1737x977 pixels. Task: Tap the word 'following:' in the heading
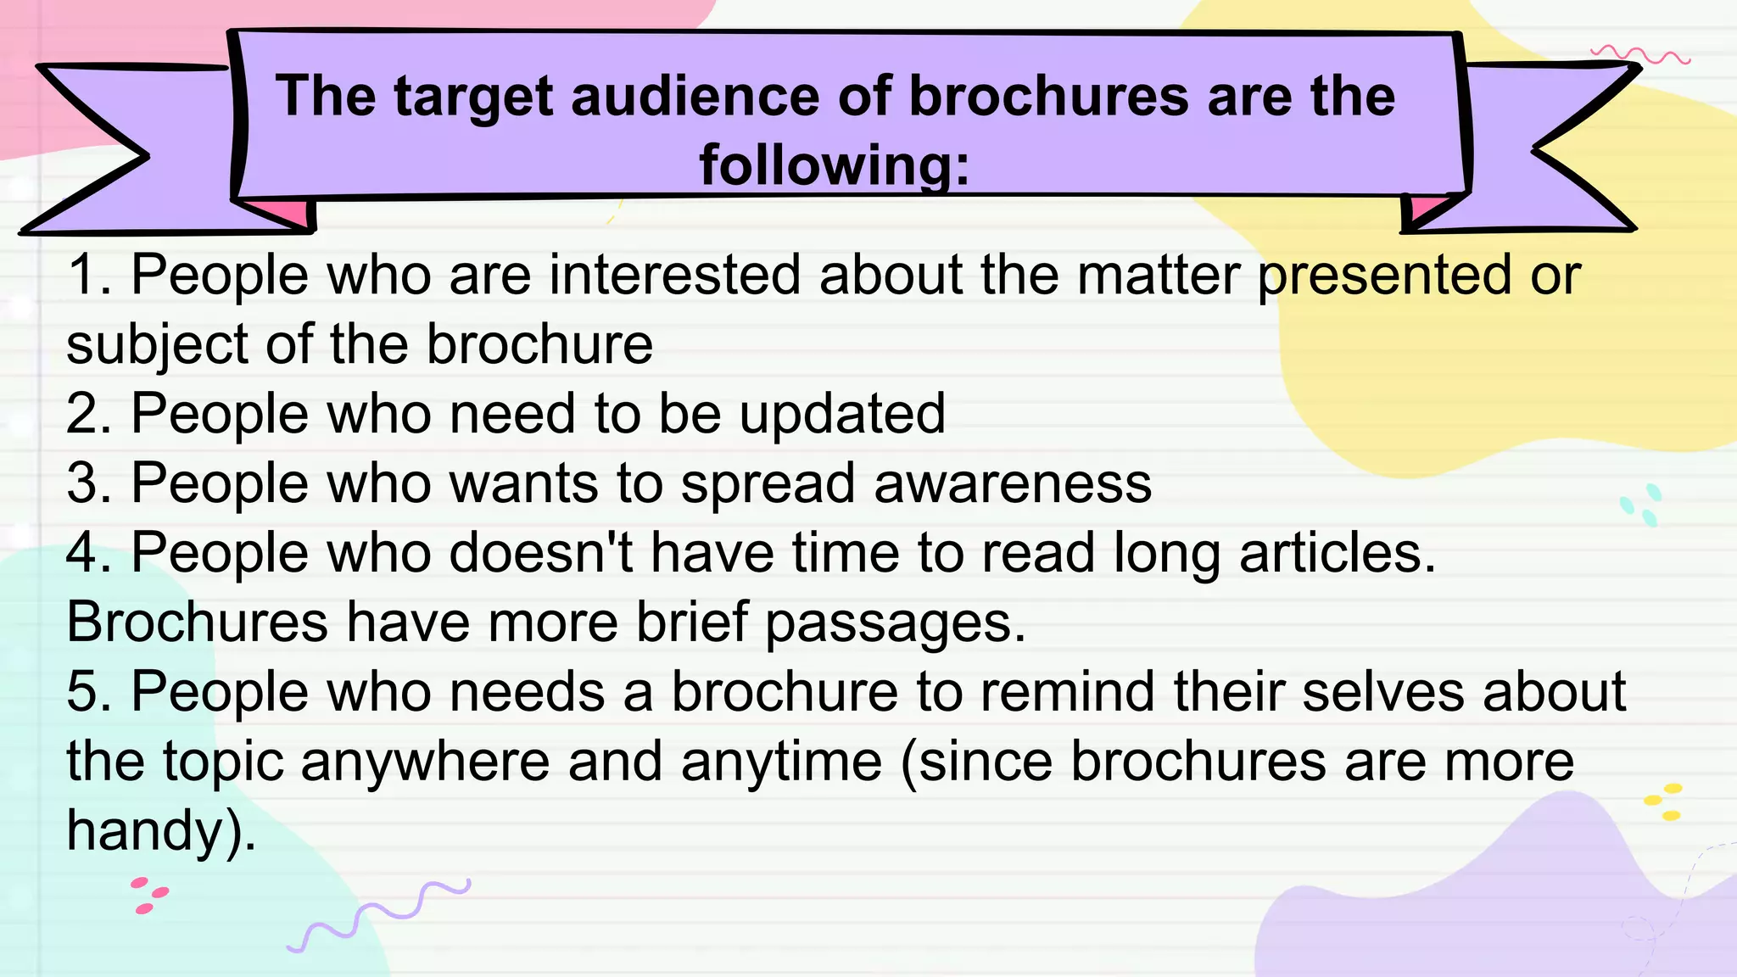[834, 165]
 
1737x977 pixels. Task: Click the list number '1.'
[89, 275]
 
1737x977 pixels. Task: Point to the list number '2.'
[89, 414]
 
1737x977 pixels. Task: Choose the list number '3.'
[89, 483]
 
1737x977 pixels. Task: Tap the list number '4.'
[89, 553]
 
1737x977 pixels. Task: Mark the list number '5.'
[89, 692]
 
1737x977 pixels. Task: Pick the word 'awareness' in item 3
[1012, 483]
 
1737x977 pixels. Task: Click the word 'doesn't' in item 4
[540, 553]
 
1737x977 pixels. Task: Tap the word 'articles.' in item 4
[1338, 553]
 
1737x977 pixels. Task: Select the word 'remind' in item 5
[1067, 692]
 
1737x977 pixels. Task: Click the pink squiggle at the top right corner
[1640, 56]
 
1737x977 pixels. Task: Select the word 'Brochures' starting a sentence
[197, 622]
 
